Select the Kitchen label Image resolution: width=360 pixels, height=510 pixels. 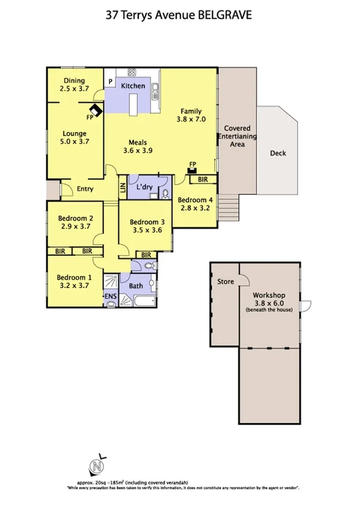pos(133,86)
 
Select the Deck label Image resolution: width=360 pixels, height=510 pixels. pos(278,153)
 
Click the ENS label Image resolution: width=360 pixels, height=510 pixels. pos(111,297)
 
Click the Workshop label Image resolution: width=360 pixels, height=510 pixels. pos(269,295)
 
